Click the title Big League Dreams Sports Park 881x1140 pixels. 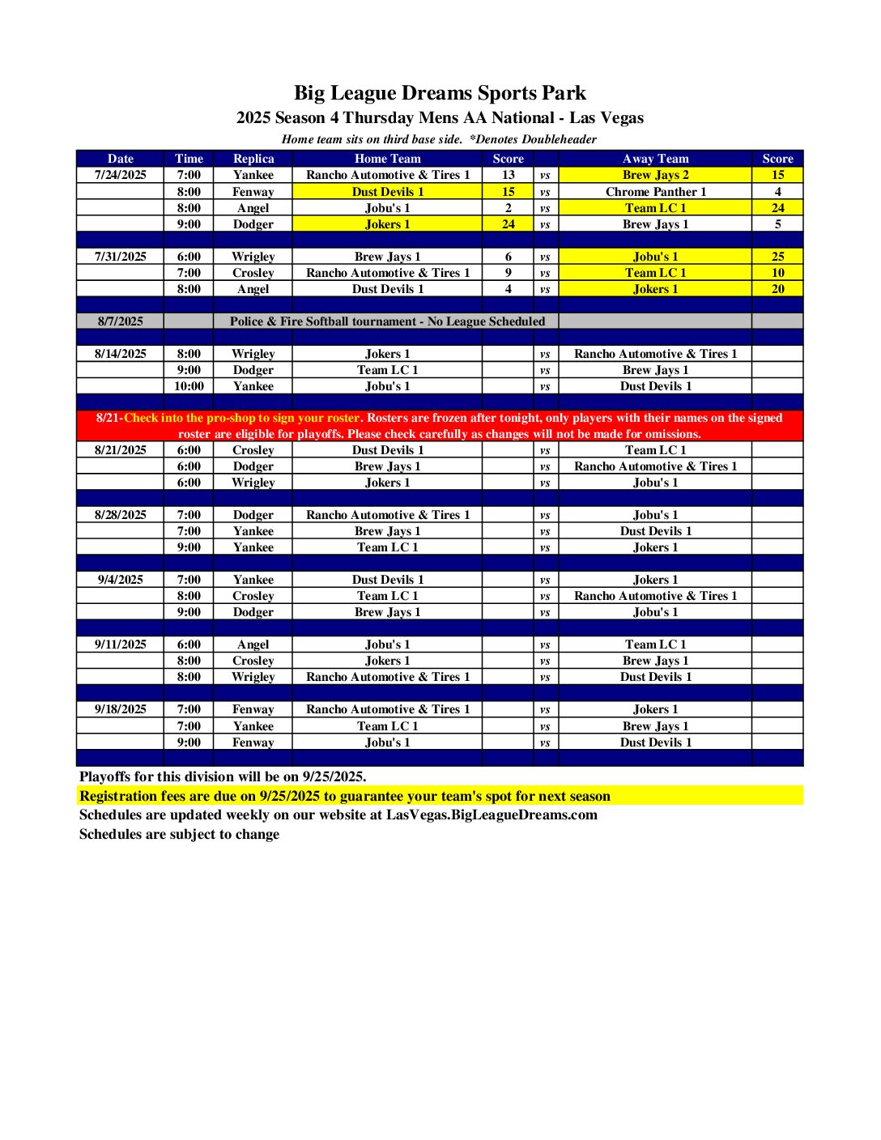tap(440, 93)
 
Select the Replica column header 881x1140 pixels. tap(253, 159)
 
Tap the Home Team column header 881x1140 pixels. tap(387, 159)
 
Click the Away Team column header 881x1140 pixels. tap(655, 159)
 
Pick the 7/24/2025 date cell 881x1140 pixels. tap(121, 175)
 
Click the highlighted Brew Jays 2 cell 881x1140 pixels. tap(655, 175)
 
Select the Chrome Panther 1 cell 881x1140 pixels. tap(655, 192)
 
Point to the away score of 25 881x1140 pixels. tap(777, 257)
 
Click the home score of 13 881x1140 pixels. tap(508, 175)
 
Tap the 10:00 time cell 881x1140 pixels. tap(189, 386)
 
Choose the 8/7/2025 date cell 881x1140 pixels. tap(121, 321)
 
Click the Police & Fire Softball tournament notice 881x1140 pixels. tap(387, 321)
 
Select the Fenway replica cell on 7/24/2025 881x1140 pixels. tap(253, 192)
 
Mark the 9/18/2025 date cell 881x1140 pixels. tap(121, 709)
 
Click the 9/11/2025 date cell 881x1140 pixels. tap(121, 644)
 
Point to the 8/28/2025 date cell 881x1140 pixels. tap(121, 515)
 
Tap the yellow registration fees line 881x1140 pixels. tap(345, 796)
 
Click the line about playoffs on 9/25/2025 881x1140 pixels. tap(223, 776)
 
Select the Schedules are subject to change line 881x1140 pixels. tap(179, 834)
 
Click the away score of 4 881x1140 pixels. tap(777, 192)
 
